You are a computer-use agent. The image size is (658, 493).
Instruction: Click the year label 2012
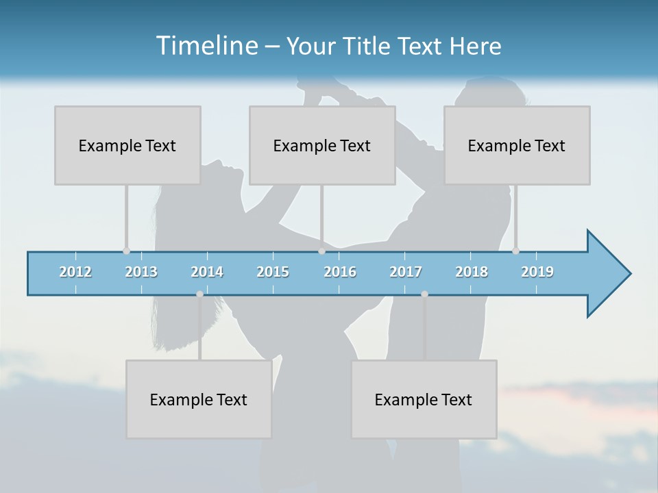click(x=75, y=272)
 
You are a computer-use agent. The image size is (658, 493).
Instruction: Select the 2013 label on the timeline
click(x=141, y=272)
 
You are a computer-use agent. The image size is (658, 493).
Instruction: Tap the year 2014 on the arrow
click(x=207, y=272)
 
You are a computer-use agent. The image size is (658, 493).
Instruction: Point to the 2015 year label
click(x=273, y=272)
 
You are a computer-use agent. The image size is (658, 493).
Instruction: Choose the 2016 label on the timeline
click(x=340, y=272)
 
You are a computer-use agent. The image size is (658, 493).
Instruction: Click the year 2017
click(x=406, y=272)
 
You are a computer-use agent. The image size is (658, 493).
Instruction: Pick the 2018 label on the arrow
click(x=472, y=272)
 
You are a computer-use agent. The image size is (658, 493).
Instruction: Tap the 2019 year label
click(x=537, y=272)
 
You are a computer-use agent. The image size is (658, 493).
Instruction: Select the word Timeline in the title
click(x=206, y=46)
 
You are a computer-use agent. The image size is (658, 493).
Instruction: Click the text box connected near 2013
click(x=127, y=145)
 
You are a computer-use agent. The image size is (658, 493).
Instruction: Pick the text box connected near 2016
click(x=322, y=145)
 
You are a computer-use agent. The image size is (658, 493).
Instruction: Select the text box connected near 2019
click(x=517, y=145)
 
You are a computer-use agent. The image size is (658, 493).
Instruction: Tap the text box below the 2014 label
click(x=199, y=399)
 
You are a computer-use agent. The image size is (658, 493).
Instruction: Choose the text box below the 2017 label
click(x=424, y=399)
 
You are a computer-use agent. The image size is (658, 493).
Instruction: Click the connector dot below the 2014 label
click(x=199, y=294)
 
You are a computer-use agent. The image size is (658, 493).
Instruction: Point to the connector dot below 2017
click(x=424, y=294)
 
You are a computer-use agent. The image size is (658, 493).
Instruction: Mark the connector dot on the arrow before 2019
click(x=515, y=251)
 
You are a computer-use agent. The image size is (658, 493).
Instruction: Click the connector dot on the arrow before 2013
click(x=126, y=251)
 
